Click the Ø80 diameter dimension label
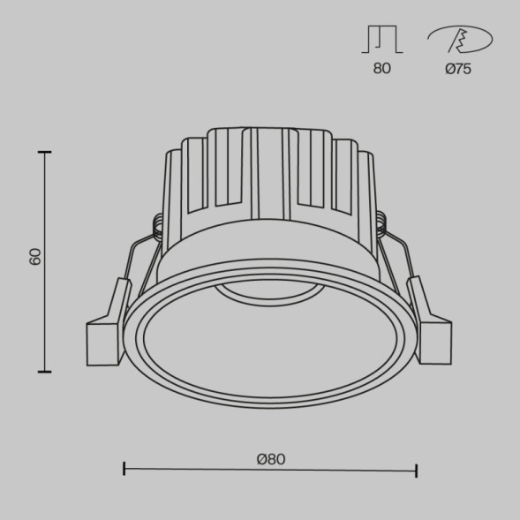270,459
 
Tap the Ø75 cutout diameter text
458,70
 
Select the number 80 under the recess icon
381,70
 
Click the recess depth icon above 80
381,40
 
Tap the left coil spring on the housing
158,227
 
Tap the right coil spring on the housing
381,227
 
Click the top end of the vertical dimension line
45,153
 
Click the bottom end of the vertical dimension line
45,372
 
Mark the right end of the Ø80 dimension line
416,471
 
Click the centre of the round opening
269,340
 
